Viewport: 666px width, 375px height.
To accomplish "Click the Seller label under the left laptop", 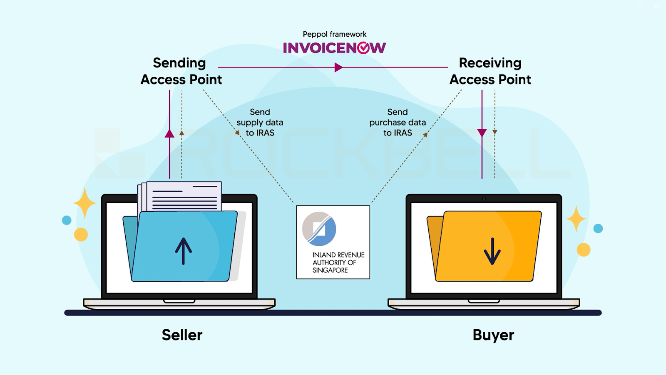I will click(x=182, y=335).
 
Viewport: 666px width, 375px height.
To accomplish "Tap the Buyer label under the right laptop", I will click(x=493, y=335).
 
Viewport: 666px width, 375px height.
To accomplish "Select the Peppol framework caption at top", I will click(x=335, y=34).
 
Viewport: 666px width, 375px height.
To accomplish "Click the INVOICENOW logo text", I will click(x=335, y=48).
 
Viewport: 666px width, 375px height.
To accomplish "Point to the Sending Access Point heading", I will click(x=181, y=71).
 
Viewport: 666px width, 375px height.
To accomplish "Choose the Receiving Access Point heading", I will click(x=490, y=71).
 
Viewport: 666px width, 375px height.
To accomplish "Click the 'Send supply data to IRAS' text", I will click(x=260, y=122).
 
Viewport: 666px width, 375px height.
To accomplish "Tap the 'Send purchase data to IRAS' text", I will click(x=398, y=122).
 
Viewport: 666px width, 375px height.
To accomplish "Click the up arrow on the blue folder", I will click(x=183, y=251).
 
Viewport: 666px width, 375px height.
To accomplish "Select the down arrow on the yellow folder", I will click(x=492, y=251).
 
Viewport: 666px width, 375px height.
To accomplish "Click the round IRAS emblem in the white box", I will click(x=319, y=229).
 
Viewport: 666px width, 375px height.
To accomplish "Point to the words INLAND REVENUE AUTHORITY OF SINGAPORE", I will click(x=338, y=262).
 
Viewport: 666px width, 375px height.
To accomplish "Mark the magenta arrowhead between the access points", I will click(x=338, y=67).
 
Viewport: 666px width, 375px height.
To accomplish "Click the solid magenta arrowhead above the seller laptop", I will click(x=169, y=133).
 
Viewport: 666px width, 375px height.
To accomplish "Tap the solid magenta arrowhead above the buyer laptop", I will click(x=482, y=133).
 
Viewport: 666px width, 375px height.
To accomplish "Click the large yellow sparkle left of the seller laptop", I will click(x=84, y=203).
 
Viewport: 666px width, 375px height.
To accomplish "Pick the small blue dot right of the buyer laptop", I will click(x=598, y=228).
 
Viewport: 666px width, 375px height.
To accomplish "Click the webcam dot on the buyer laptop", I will click(x=484, y=199).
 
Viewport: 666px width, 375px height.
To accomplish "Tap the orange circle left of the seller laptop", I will click(x=81, y=235).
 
